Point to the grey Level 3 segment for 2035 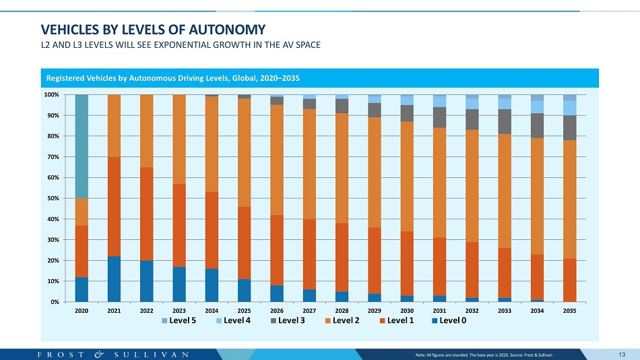(570, 127)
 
